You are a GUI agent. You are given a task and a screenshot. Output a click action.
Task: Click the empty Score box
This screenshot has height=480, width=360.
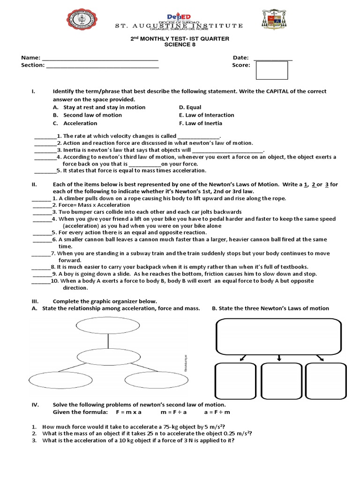click(271, 70)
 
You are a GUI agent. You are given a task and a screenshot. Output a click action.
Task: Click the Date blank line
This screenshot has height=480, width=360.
click(273, 58)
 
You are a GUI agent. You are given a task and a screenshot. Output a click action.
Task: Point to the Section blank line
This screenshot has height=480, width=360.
click(103, 66)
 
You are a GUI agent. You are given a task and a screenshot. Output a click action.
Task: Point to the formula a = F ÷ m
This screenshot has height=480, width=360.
click(217, 412)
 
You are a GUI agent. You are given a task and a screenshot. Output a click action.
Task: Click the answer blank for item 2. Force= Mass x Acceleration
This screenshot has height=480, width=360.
click(42, 205)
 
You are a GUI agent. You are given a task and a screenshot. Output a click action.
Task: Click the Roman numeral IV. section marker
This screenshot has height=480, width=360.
click(35, 405)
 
